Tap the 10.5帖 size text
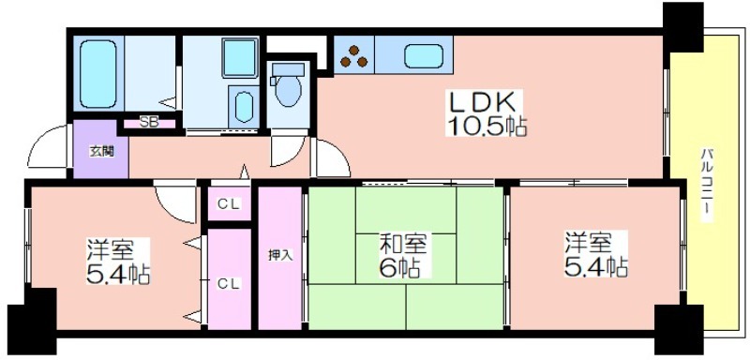[487, 127]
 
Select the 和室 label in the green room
[403, 245]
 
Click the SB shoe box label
[149, 123]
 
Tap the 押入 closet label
[279, 254]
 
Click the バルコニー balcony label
[707, 186]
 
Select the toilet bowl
[288, 86]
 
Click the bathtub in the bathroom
[98, 74]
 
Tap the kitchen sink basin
[424, 56]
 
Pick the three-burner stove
[354, 55]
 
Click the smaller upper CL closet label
[228, 204]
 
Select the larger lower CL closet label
[229, 283]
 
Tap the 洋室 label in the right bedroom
[588, 243]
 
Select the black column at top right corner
[683, 27]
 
